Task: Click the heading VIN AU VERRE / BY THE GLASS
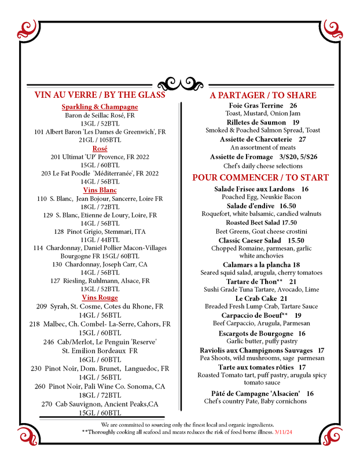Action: (100, 95)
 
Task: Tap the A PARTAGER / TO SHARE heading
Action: (263, 95)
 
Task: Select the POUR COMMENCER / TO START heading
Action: (260, 178)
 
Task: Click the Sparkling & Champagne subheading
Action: (100, 107)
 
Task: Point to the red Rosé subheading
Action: (100, 148)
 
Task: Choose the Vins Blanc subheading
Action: (100, 190)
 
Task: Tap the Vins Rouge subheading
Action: (100, 297)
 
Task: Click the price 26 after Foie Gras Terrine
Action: (293, 106)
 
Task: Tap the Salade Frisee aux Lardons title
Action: (254, 189)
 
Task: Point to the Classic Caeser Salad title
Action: (249, 240)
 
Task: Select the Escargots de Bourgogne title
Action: (254, 334)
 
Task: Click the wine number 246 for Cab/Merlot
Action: (49, 342)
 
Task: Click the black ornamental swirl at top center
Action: (179, 83)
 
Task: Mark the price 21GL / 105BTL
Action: (100, 140)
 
